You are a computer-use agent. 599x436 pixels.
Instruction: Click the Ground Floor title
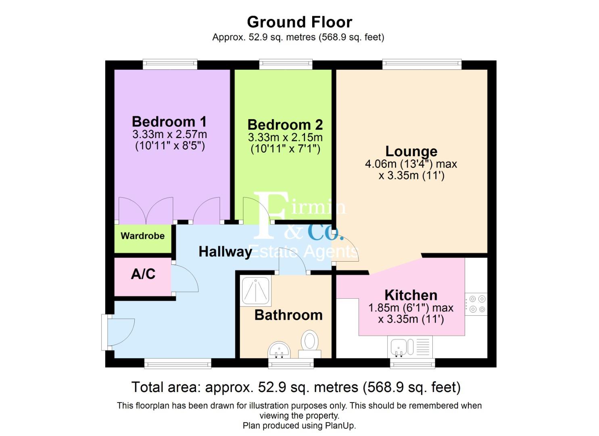pyautogui.click(x=299, y=22)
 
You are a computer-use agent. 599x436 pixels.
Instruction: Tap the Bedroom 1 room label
pyautogui.click(x=169, y=122)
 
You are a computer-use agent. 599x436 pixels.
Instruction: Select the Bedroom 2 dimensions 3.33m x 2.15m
pyautogui.click(x=285, y=137)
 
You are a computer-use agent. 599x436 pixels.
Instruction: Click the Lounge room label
pyautogui.click(x=411, y=151)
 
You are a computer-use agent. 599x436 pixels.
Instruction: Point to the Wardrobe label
pyautogui.click(x=142, y=236)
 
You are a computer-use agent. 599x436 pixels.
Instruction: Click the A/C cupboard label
pyautogui.click(x=143, y=274)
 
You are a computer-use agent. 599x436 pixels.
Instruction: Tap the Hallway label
pyautogui.click(x=225, y=252)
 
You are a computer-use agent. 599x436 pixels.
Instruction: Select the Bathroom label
pyautogui.click(x=288, y=315)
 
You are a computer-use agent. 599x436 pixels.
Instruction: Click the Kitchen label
pyautogui.click(x=411, y=295)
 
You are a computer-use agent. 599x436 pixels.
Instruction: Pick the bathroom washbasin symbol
pyautogui.click(x=279, y=350)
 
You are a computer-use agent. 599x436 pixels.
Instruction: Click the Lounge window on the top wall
pyautogui.click(x=422, y=63)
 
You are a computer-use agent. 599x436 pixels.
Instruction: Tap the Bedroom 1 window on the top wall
pyautogui.click(x=170, y=63)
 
